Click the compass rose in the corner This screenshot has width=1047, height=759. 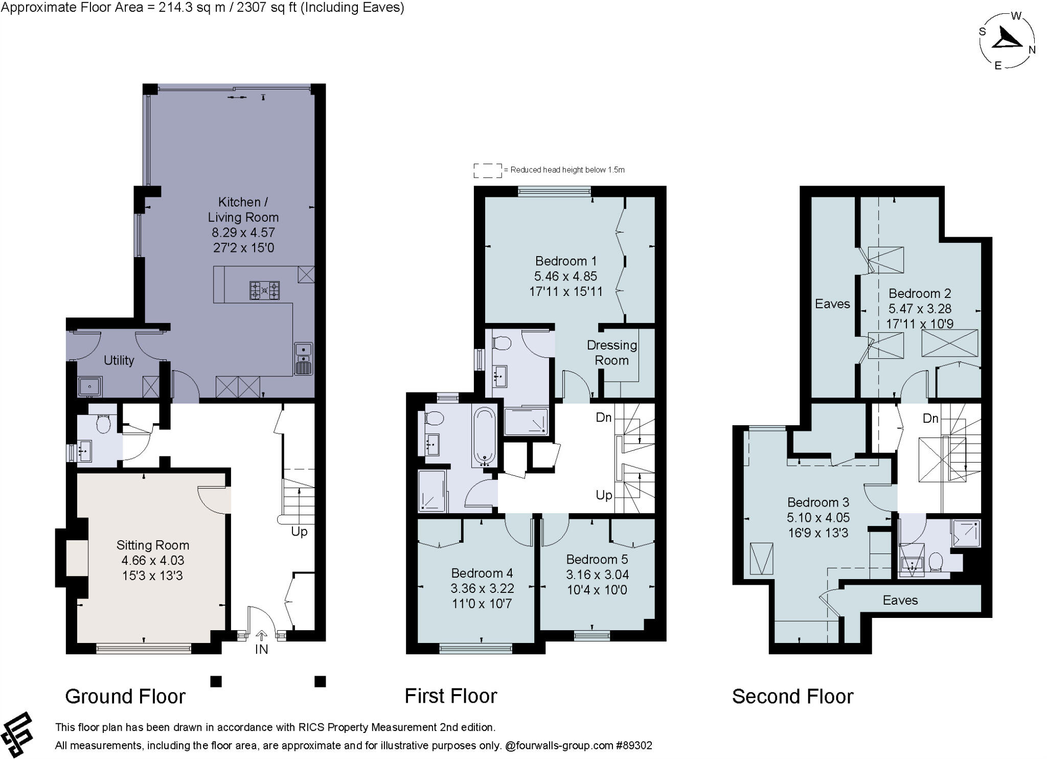pyautogui.click(x=1007, y=41)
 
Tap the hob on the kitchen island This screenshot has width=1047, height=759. pyautogui.click(x=264, y=290)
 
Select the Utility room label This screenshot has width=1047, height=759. pyautogui.click(x=119, y=360)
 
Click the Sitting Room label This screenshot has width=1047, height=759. pyautogui.click(x=153, y=545)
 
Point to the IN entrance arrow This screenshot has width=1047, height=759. pyautogui.click(x=261, y=635)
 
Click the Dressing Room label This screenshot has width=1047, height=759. pyautogui.click(x=612, y=353)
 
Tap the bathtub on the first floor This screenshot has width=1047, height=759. pyautogui.click(x=484, y=436)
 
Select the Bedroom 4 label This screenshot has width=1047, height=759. pyautogui.click(x=482, y=573)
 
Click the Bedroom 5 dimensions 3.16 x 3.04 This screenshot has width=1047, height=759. pyautogui.click(x=597, y=574)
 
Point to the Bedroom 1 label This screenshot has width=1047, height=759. pyautogui.click(x=566, y=261)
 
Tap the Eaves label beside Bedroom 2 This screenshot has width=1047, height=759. pyautogui.click(x=832, y=304)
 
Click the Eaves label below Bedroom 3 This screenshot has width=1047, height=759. pyautogui.click(x=900, y=600)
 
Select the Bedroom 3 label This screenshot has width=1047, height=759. pyautogui.click(x=818, y=502)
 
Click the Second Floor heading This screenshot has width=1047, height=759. pyautogui.click(x=792, y=696)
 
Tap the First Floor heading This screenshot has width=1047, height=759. pyautogui.click(x=451, y=696)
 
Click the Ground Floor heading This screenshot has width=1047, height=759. pyautogui.click(x=125, y=696)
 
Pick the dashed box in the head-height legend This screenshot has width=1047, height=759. pyautogui.click(x=488, y=171)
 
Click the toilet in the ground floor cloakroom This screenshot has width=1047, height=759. pyautogui.click(x=104, y=423)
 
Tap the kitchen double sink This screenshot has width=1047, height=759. pyautogui.click(x=303, y=358)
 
